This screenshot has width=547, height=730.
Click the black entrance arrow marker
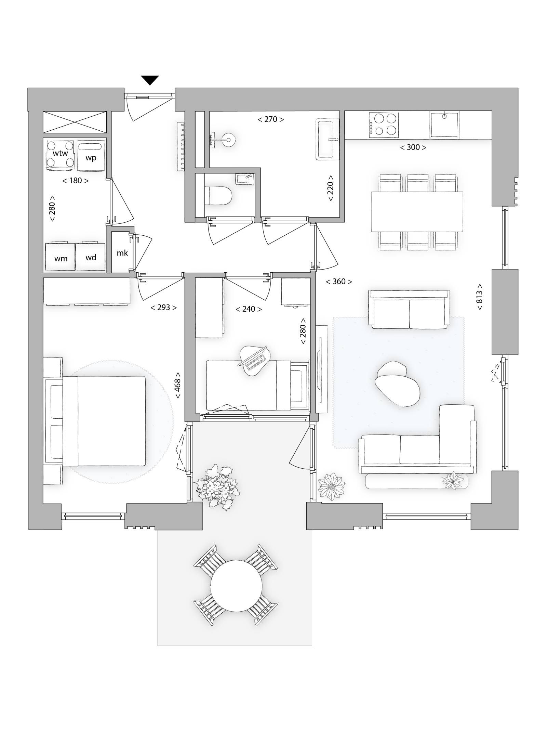click(150, 80)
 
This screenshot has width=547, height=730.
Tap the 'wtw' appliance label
click(60, 153)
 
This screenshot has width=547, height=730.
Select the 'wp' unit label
click(91, 158)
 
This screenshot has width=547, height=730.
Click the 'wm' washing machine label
click(61, 259)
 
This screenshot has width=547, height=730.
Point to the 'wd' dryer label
click(91, 258)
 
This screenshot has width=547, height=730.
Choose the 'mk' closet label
click(122, 253)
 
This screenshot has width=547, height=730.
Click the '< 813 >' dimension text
click(479, 297)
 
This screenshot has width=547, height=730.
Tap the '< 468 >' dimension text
click(177, 385)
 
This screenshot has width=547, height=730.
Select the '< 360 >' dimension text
click(339, 282)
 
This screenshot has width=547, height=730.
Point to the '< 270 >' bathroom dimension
click(270, 119)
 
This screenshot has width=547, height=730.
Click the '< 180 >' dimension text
click(75, 181)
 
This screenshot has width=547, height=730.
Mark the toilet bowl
click(218, 196)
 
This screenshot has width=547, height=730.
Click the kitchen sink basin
click(444, 125)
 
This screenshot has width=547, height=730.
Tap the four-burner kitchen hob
click(384, 125)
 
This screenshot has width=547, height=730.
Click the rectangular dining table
click(417, 212)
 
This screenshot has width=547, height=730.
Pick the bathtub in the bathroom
click(328, 140)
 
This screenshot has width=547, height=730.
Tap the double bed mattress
click(104, 421)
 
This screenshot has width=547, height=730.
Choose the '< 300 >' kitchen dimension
click(413, 147)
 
